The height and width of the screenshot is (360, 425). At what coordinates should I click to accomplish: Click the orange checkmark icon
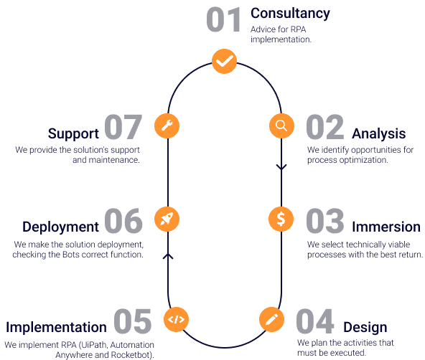224,61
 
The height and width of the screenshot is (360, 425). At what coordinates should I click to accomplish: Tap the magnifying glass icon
281,126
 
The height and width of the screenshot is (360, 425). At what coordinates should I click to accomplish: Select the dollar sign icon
281,219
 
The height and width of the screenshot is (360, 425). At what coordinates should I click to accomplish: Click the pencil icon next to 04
271,319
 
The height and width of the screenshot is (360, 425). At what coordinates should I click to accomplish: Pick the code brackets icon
176,319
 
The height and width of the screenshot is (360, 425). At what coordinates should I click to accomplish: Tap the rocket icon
167,219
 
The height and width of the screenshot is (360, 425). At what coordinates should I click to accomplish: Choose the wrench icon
167,126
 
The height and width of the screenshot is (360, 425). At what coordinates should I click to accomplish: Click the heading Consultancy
290,14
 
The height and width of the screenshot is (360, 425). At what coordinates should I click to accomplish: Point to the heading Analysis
378,133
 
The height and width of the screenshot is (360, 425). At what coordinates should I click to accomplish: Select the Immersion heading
386,227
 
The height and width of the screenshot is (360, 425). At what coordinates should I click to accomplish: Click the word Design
365,328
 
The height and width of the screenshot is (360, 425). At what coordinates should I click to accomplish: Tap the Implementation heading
56,327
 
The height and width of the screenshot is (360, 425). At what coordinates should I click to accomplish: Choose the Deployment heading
61,227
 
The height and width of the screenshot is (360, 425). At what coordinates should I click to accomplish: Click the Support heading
73,133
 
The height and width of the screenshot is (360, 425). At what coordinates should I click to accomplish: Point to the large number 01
223,19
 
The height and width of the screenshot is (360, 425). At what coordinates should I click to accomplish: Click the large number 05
132,321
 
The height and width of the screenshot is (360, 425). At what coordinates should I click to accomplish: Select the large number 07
123,127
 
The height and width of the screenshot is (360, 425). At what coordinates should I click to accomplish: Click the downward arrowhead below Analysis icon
281,167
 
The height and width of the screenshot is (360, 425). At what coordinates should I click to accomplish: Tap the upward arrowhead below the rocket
168,256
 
